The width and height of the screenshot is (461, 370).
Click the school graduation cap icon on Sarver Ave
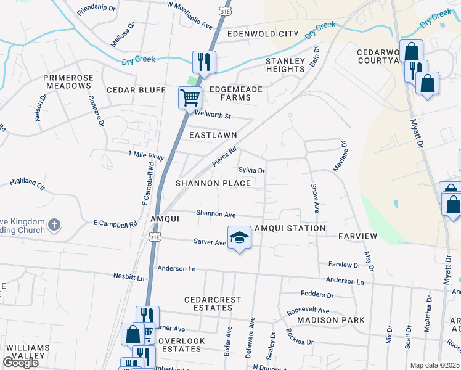click(x=239, y=237)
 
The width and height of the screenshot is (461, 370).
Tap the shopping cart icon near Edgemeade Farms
click(x=190, y=97)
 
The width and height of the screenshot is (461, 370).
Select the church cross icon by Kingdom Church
click(x=54, y=225)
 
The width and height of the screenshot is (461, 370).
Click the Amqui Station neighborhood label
click(x=293, y=228)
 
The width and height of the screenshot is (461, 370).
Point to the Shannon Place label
click(x=213, y=183)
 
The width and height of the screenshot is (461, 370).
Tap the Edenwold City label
click(x=263, y=34)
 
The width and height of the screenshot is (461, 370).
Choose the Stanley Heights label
click(x=285, y=65)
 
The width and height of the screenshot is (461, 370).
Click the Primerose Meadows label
click(x=67, y=81)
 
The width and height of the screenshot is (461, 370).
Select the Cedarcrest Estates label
click(x=213, y=304)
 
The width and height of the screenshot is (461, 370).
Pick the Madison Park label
click(x=330, y=320)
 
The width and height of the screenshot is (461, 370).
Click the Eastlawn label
click(x=213, y=134)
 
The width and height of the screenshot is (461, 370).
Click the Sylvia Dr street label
click(x=251, y=170)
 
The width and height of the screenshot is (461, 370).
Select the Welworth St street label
click(x=212, y=115)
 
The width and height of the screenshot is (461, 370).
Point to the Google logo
click(x=20, y=363)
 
